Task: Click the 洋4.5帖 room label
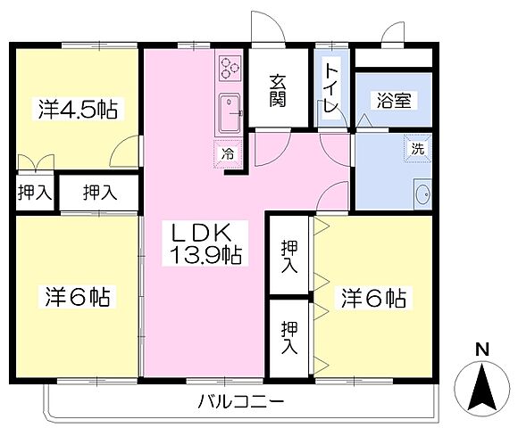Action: pos(77,109)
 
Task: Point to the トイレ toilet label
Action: pos(330,85)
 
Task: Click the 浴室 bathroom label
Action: pos(393,100)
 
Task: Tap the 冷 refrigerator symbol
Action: pos(227,152)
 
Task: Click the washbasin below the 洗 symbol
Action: pos(422,193)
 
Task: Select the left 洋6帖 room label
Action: pos(77,297)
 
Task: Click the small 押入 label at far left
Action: pos(34,191)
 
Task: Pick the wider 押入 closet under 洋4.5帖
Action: pos(99,191)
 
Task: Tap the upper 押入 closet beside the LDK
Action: pos(289,257)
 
